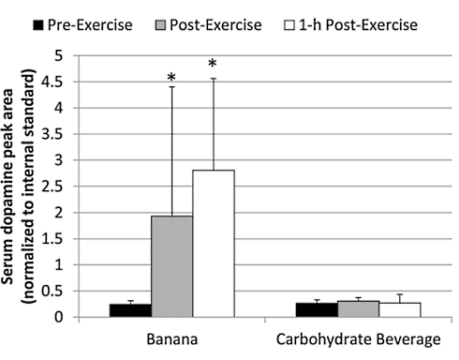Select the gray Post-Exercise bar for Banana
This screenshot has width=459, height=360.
172,266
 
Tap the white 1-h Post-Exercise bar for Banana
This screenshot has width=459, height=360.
214,244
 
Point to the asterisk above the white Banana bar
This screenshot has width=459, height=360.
213,65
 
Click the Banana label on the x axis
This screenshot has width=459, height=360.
172,337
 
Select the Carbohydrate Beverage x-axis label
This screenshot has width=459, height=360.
354,337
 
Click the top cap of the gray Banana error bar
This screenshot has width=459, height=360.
172,87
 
